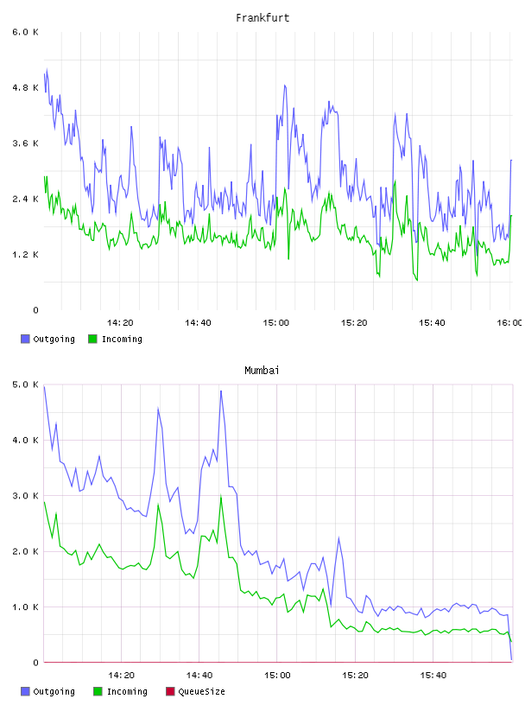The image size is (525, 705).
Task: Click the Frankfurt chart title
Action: point(262,18)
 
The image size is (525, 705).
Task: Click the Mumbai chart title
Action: point(262,371)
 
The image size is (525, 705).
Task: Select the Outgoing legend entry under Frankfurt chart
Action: point(48,339)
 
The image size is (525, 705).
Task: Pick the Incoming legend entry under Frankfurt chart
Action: point(116,339)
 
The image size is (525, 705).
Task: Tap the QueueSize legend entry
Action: point(195,691)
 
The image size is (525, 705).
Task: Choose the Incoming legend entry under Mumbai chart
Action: point(121,691)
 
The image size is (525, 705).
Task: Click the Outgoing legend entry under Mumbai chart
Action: point(48,691)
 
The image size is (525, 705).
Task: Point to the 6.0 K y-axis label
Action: point(25,32)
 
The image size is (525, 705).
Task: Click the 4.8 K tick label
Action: point(25,87)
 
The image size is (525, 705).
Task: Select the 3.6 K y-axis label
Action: point(25,143)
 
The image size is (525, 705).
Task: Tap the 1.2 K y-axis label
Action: point(25,255)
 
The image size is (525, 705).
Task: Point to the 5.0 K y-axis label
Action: point(25,384)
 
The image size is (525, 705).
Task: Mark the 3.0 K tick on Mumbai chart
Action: point(25,496)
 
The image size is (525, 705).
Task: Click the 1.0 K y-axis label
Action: point(25,607)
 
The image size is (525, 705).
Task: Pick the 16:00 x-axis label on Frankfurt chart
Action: point(509,323)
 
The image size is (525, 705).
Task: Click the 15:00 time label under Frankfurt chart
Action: point(276,323)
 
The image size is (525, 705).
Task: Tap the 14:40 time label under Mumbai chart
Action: point(199,676)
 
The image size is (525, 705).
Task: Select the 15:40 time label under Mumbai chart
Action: point(433,676)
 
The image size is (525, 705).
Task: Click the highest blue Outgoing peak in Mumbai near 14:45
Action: point(221,391)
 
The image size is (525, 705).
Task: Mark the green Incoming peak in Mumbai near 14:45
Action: point(221,496)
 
